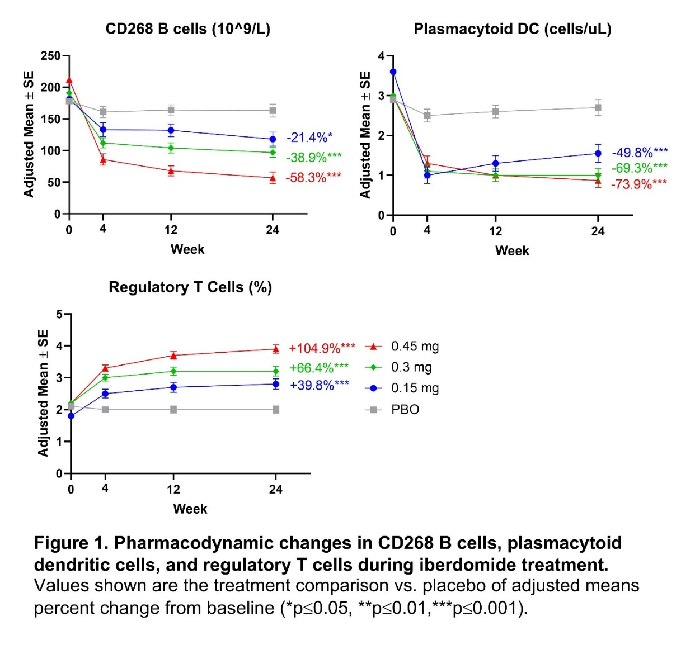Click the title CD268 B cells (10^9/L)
(187, 29)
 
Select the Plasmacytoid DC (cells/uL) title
(512, 29)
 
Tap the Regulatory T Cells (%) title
(190, 287)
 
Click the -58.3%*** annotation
(313, 178)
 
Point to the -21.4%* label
(309, 138)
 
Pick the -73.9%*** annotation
(638, 184)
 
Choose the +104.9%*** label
(322, 348)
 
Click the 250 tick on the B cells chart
(50, 56)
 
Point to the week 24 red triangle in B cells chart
(273, 178)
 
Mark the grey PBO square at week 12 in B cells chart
(171, 110)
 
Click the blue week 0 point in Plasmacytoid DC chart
(393, 72)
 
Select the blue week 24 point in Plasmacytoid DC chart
(598, 153)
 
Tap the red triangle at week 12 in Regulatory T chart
(173, 356)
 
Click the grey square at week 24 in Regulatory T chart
(276, 410)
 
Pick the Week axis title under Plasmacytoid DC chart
(512, 251)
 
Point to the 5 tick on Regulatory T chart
(60, 315)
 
